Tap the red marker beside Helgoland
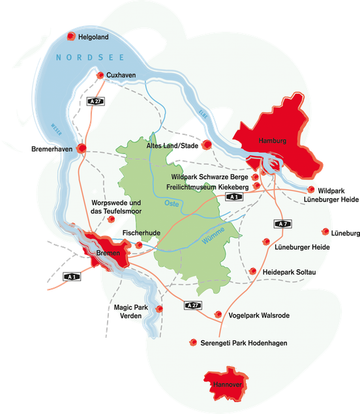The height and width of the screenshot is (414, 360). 72,38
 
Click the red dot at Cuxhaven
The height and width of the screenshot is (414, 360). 101,76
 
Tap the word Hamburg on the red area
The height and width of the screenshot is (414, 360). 273,141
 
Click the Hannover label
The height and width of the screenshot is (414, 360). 227,386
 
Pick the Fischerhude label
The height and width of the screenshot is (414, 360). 138,232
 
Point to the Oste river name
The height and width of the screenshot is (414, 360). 172,203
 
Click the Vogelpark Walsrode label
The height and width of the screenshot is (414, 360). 258,315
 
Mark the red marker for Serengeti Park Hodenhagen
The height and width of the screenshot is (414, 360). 192,342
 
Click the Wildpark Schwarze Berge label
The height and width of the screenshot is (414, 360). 209,177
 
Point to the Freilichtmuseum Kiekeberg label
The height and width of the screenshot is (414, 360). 209,186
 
